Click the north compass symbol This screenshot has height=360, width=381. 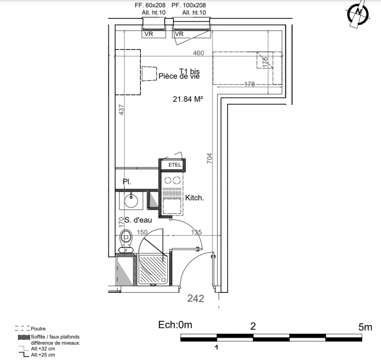pyautogui.click(x=359, y=13)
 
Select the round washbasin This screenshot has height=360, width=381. pyautogui.click(x=131, y=201)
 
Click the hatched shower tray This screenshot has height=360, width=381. pyautogui.click(x=153, y=269)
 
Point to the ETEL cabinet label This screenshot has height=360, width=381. pyautogui.click(x=175, y=165)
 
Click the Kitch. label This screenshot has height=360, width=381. pyautogui.click(x=194, y=198)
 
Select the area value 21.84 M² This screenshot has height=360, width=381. pyautogui.click(x=188, y=99)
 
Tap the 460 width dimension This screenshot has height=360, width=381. pyautogui.click(x=198, y=53)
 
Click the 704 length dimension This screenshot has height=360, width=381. pyautogui.click(x=209, y=158)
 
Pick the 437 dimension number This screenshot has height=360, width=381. pyautogui.click(x=121, y=110)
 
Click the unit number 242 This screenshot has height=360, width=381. pyautogui.click(x=196, y=298)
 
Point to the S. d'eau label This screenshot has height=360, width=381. pyautogui.click(x=138, y=220)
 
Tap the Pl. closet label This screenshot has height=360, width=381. pyautogui.click(x=127, y=182)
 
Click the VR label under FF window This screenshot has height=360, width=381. pyautogui.click(x=149, y=34)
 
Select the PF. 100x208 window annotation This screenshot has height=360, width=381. pyautogui.click(x=189, y=5)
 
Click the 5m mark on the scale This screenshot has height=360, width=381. pyautogui.click(x=365, y=327)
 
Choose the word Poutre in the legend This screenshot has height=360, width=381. pyautogui.click(x=38, y=328)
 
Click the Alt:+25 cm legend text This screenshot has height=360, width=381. pyautogui.click(x=43, y=355)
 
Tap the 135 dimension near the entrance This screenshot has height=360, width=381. pyautogui.click(x=196, y=232)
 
